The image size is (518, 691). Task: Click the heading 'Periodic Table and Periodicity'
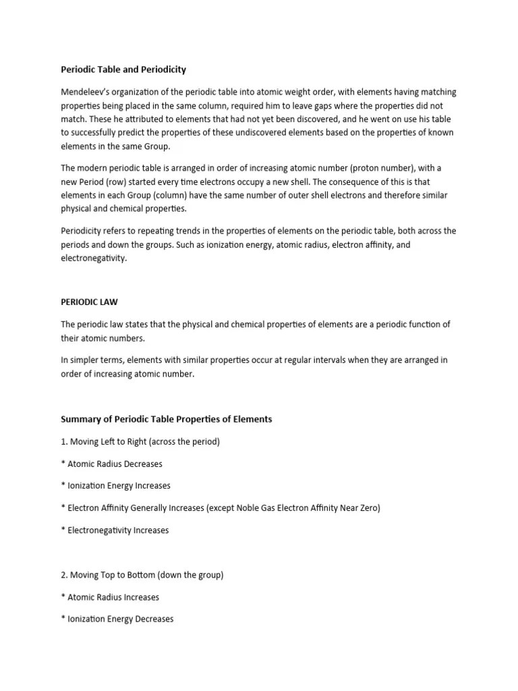pyautogui.click(x=123, y=70)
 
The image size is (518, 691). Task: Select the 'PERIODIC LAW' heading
pyautogui.click(x=90, y=302)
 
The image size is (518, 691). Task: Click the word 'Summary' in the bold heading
pyautogui.click(x=80, y=419)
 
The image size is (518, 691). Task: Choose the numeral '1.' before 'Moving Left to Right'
pyautogui.click(x=64, y=441)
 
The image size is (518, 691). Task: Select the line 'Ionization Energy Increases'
pyautogui.click(x=119, y=486)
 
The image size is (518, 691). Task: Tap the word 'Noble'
pyautogui.click(x=251, y=508)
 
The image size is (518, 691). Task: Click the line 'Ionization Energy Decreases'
pyautogui.click(x=120, y=619)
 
